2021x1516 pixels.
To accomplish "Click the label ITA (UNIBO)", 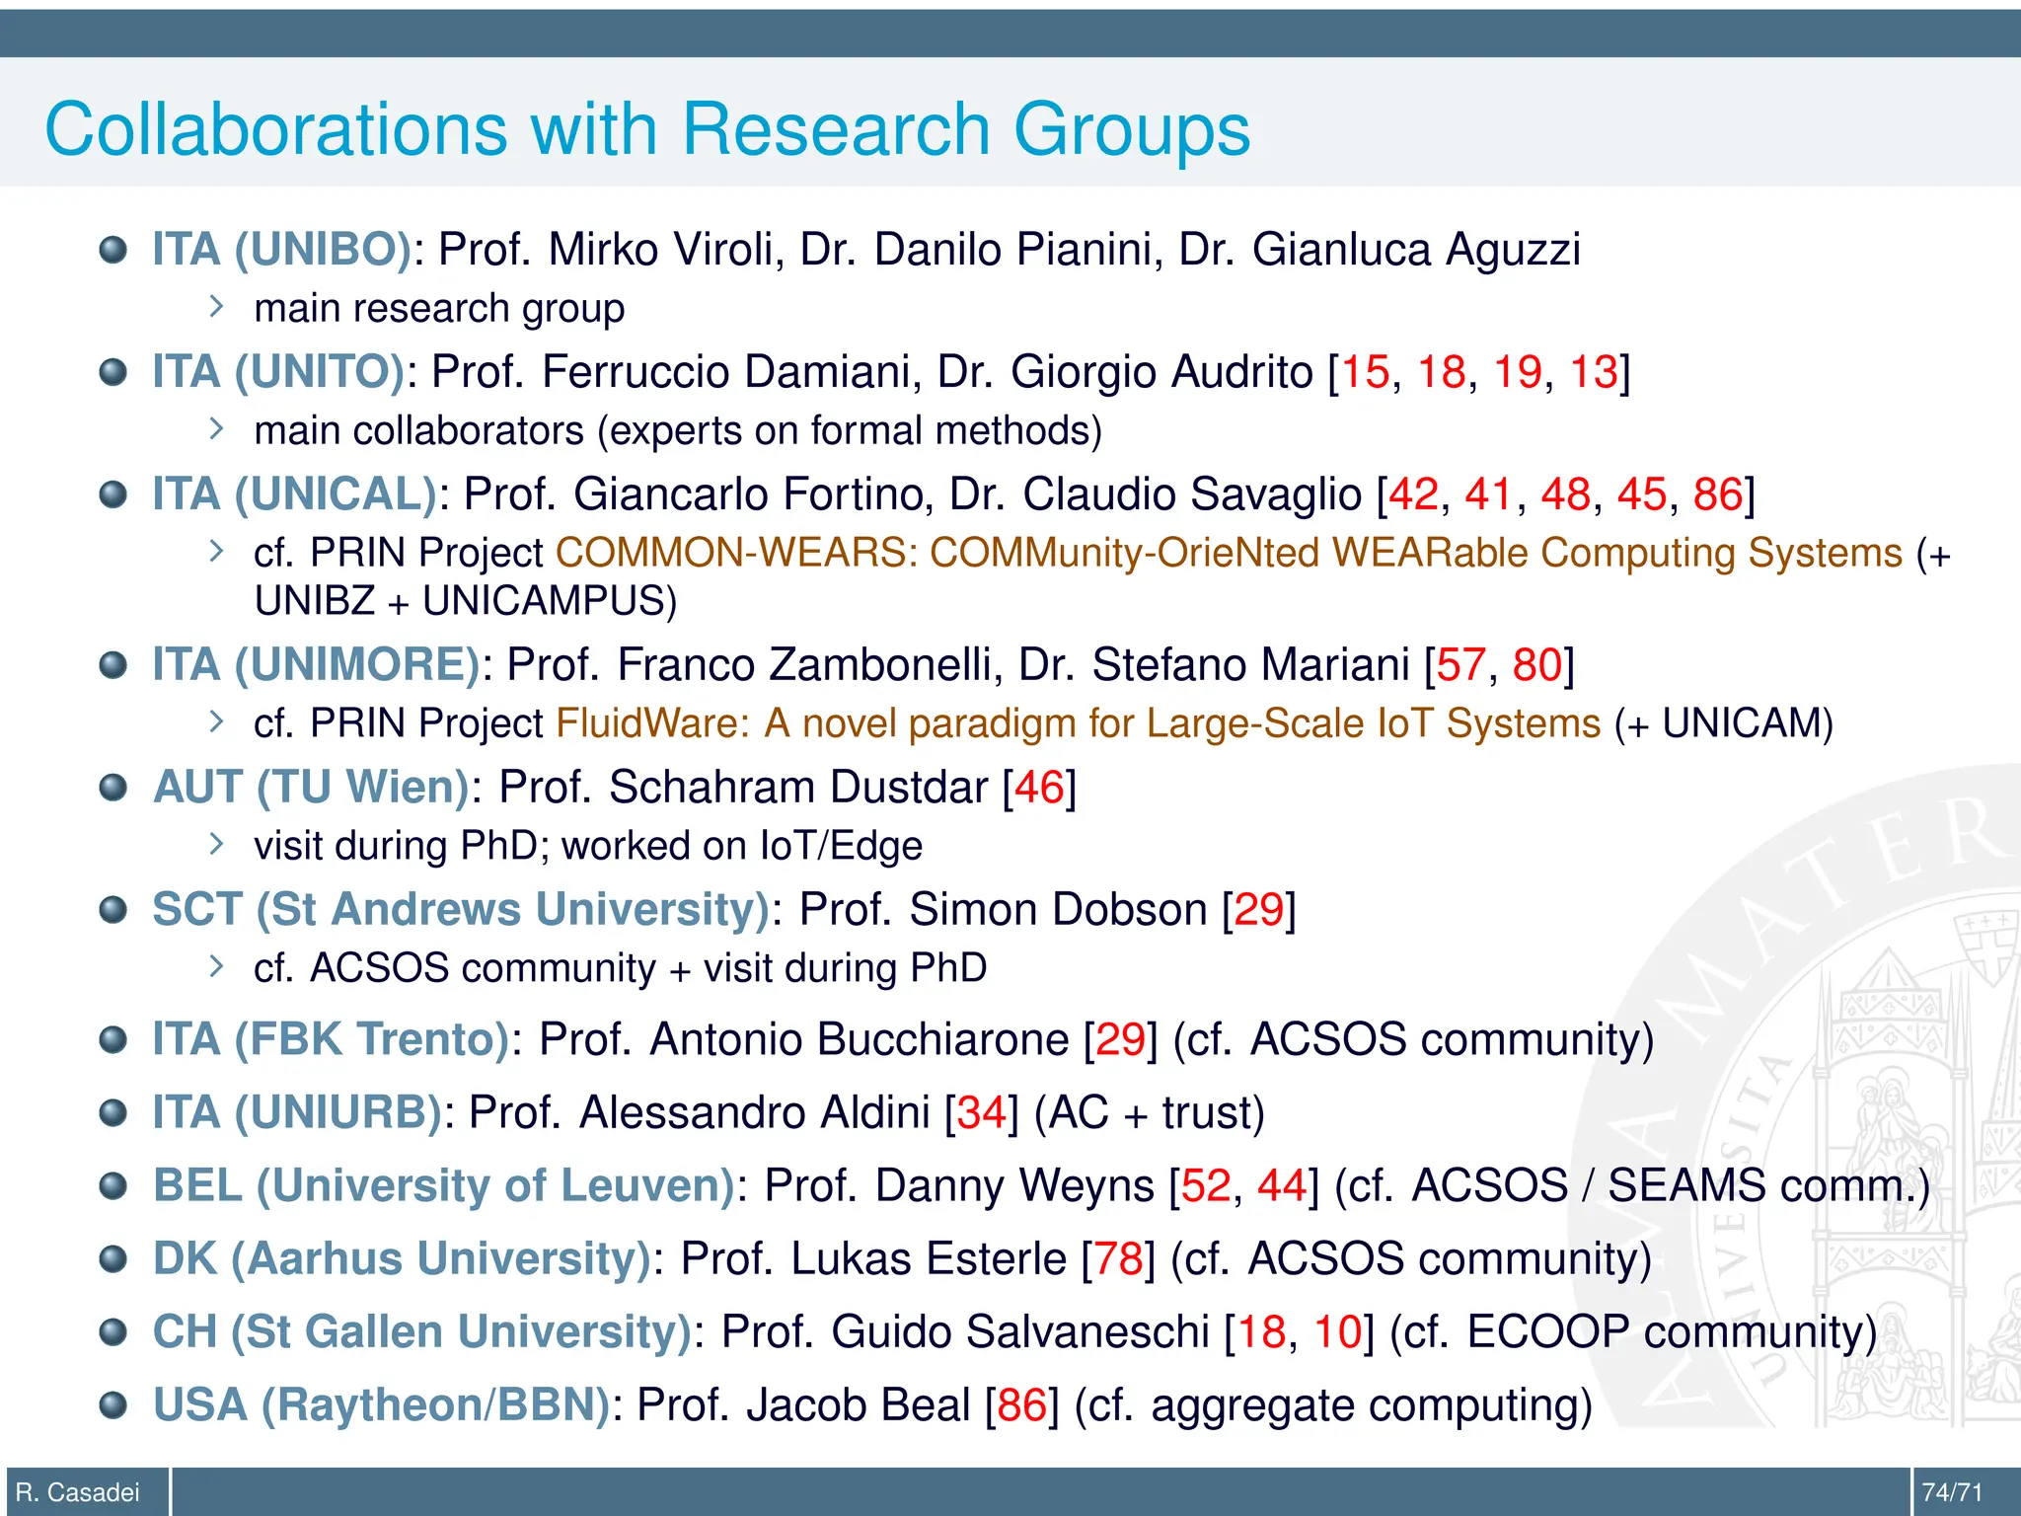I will click(x=281, y=249).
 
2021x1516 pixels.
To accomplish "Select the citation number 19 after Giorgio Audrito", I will click(x=1517, y=372).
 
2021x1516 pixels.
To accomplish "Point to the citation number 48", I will click(x=1565, y=494).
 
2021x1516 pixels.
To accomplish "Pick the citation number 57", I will click(x=1461, y=665).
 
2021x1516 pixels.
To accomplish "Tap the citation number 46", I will click(x=1039, y=788).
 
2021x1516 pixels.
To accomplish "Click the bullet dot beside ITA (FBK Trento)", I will click(x=113, y=1040).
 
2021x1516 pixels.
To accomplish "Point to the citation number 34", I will click(x=981, y=1112).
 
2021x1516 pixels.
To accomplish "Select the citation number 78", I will click(x=1118, y=1258).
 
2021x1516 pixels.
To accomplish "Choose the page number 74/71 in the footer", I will click(x=1952, y=1492).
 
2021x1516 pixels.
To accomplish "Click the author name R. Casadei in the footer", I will click(x=78, y=1492).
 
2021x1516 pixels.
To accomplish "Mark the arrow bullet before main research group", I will click(x=217, y=307).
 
